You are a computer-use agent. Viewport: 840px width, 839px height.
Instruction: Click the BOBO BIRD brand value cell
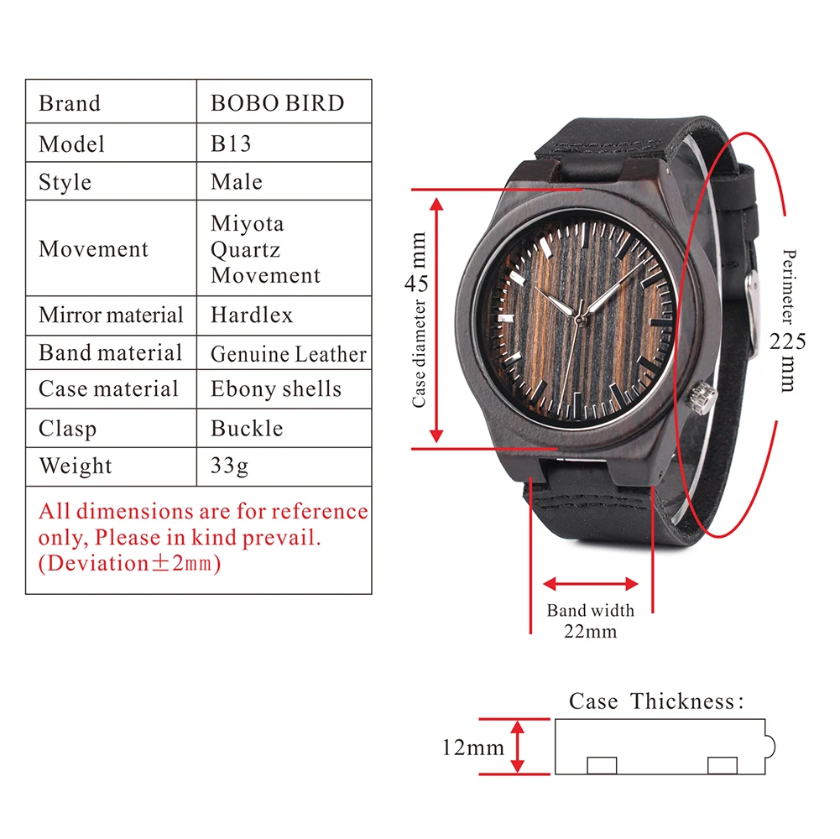[277, 103]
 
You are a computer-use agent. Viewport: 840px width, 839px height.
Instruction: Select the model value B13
[231, 143]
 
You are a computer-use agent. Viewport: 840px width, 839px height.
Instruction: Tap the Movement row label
[93, 249]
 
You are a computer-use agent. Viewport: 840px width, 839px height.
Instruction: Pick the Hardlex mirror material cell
[252, 315]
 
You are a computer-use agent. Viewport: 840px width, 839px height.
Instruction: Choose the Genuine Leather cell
[288, 354]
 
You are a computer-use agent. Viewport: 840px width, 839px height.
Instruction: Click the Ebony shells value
[275, 389]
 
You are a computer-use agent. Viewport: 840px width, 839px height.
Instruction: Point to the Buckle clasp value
[246, 428]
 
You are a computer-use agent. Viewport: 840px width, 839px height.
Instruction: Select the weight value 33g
[229, 466]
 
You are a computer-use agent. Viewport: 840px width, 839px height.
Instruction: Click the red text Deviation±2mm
[129, 563]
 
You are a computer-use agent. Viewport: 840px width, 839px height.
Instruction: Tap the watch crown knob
[700, 395]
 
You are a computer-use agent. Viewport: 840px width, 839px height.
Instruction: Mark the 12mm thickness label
[472, 747]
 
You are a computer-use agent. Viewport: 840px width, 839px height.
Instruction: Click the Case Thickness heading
[656, 701]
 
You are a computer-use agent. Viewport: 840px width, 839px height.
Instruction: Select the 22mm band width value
[590, 631]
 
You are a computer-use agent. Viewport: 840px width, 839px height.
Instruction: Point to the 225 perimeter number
[788, 341]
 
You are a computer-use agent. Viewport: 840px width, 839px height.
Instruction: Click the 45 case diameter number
[417, 283]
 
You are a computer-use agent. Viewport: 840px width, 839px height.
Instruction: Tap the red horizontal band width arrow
[591, 584]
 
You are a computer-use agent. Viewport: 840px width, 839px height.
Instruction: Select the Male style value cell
[236, 181]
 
